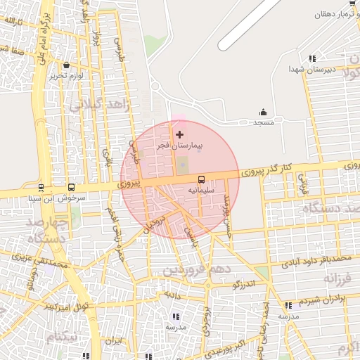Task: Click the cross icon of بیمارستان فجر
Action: click(179, 134)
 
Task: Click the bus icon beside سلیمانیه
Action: click(200, 179)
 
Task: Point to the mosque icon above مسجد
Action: click(264, 112)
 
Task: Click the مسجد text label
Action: click(264, 122)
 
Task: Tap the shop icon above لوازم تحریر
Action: click(66, 65)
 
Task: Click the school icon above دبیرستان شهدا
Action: click(312, 58)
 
